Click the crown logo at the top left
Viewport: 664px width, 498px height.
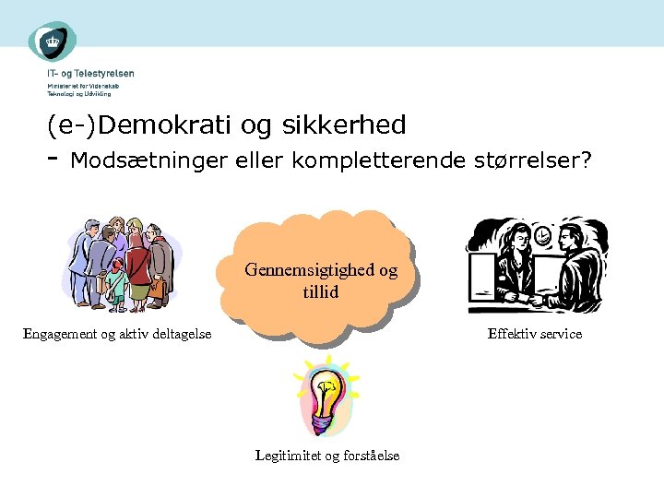[52, 41]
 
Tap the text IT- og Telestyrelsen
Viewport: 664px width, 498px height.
[90, 74]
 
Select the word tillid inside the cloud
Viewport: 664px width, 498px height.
[321, 291]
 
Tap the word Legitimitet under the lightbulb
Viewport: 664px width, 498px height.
[287, 456]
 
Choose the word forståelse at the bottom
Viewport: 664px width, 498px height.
[370, 456]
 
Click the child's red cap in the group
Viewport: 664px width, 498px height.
[115, 265]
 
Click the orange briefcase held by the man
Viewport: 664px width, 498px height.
[157, 290]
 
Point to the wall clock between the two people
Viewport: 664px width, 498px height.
[544, 236]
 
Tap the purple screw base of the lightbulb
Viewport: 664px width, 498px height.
[320, 424]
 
